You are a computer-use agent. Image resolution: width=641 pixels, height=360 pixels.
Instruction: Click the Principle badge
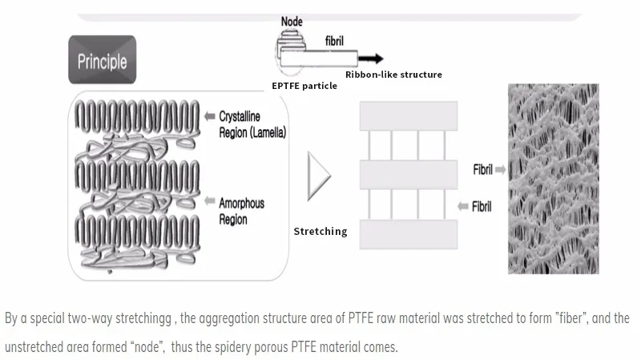coord(103,59)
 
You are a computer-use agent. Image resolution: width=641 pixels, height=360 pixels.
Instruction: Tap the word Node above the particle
coord(292,22)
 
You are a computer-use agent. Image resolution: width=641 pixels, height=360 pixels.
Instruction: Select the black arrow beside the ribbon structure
coord(371,59)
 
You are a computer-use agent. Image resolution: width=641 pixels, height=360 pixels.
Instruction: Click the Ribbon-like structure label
coord(393,75)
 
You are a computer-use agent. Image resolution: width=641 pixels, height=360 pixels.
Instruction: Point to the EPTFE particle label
coord(304,86)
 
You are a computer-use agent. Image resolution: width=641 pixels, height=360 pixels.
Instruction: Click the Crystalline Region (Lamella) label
coord(252,124)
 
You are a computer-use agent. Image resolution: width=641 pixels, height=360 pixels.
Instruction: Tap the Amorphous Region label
coord(242,211)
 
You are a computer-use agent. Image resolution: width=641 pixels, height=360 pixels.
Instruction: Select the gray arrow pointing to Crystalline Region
coord(210,116)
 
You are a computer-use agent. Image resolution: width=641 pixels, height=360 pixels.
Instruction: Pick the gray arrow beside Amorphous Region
coord(210,201)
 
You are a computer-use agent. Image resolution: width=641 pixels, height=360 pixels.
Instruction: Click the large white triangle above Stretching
coord(318,176)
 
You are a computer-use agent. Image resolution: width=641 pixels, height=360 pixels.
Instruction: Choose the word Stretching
coord(320,232)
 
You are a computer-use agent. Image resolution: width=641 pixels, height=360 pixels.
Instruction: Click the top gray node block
coord(409,116)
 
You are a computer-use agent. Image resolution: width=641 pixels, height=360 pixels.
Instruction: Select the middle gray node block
coord(409,175)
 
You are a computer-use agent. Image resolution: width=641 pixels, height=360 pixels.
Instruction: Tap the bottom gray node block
coord(409,234)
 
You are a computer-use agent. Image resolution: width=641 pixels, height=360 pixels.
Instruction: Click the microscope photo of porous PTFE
coord(554,179)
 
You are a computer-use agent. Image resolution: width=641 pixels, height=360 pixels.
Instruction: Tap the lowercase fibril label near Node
coord(334,41)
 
